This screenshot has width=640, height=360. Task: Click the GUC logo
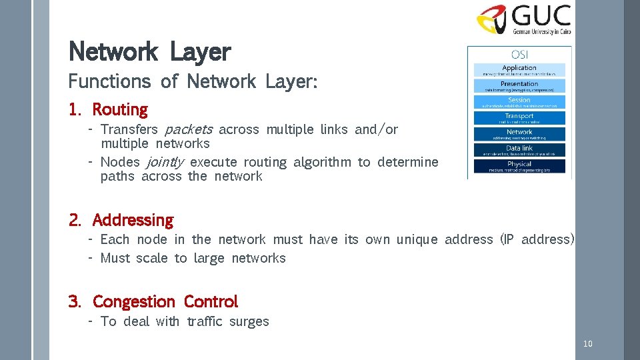pyautogui.click(x=523, y=20)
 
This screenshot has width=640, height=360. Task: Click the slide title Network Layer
pyautogui.click(x=149, y=51)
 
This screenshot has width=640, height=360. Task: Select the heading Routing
pyautogui.click(x=119, y=109)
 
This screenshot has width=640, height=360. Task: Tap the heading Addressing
pyautogui.click(x=133, y=220)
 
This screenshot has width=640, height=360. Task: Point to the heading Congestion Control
pyautogui.click(x=165, y=302)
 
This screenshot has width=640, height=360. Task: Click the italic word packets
pyautogui.click(x=189, y=129)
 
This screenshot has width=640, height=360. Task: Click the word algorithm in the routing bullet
pyautogui.click(x=321, y=162)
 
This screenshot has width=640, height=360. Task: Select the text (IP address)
pyautogui.click(x=537, y=239)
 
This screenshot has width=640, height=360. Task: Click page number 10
pyautogui.click(x=587, y=344)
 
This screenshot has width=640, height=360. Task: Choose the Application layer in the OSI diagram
pyautogui.click(x=519, y=69)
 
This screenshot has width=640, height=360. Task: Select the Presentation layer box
pyautogui.click(x=519, y=85)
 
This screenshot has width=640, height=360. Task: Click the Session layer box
pyautogui.click(x=519, y=102)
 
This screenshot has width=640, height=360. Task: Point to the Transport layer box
pyautogui.click(x=519, y=118)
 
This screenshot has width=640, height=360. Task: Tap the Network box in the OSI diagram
pyautogui.click(x=519, y=134)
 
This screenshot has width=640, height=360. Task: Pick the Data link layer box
pyautogui.click(x=519, y=150)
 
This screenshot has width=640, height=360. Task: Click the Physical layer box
pyautogui.click(x=519, y=166)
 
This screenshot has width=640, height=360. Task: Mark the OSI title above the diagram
pyautogui.click(x=519, y=54)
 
